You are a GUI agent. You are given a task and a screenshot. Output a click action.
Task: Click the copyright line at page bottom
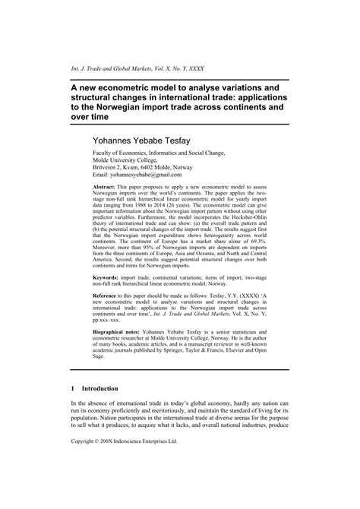[x=134, y=483]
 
